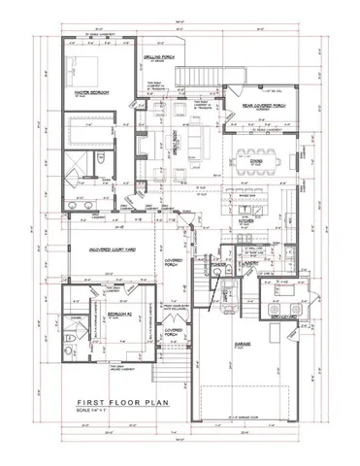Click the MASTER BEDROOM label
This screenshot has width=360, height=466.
coord(91,93)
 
